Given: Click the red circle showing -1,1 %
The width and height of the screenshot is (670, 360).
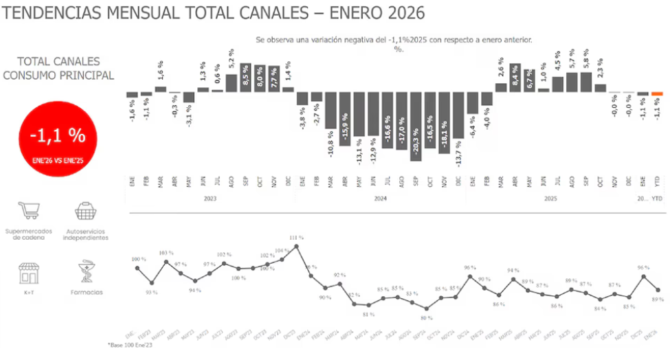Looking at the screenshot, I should point(58,139).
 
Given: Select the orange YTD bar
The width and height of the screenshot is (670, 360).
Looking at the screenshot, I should point(657,93).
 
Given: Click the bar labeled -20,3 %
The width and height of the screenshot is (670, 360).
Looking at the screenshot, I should point(415,126).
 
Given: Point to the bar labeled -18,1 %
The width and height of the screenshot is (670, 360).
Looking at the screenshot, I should point(444,123).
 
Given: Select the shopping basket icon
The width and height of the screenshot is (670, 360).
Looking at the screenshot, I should point(85,210).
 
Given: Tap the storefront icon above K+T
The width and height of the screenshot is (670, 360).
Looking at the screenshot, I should point(28,272).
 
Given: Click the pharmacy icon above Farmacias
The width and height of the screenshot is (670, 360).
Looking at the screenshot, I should point(86,272).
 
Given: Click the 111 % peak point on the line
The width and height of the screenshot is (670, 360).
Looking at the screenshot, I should point(296,246).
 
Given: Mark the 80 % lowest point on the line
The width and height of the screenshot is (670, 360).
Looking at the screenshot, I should point(426,308).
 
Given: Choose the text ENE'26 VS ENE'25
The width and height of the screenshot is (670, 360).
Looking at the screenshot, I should point(58,159).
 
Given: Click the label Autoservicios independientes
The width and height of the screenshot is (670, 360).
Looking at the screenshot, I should point(85,234).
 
